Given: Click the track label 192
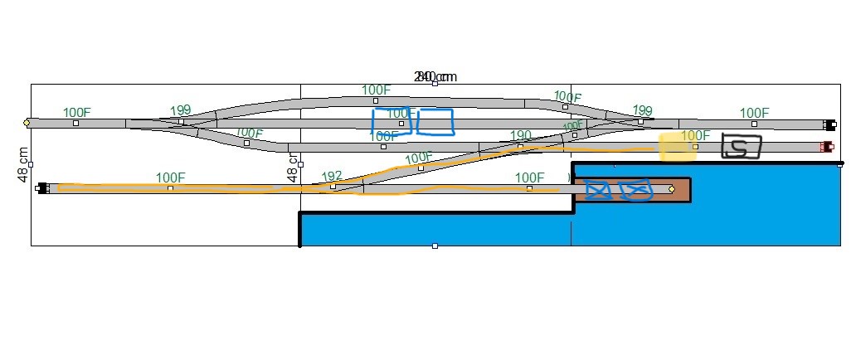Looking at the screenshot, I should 332,176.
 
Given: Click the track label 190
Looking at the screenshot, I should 521,135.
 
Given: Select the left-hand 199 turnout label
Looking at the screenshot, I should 180,110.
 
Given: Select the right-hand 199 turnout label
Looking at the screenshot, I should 642,110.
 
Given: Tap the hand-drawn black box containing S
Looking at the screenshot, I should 741,147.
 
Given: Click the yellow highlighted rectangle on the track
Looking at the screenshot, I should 677,148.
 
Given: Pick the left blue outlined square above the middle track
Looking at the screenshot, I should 392,122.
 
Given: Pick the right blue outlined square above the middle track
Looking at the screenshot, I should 435,122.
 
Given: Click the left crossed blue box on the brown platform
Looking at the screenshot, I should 597,190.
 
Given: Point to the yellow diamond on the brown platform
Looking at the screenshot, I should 671,189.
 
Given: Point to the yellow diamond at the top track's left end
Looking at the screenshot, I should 27,123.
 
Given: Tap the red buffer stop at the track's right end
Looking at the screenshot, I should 825,147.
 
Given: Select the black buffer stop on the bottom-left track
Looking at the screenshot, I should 42,188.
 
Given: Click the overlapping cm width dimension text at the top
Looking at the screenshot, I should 435,77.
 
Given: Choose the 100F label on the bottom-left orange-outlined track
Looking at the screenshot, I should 170,178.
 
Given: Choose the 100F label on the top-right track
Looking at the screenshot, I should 754,113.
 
